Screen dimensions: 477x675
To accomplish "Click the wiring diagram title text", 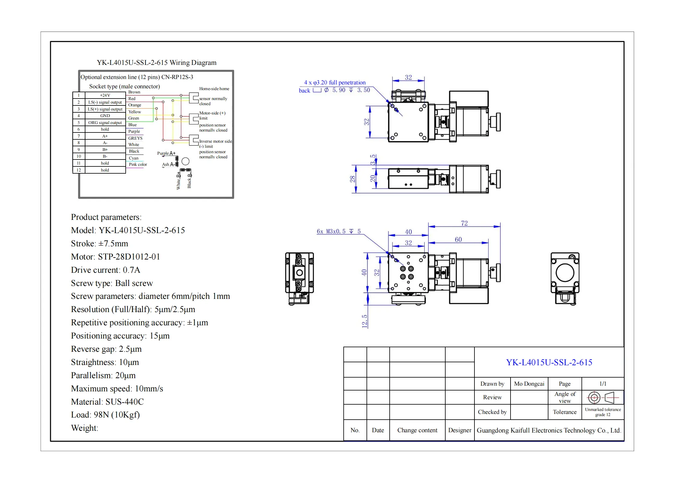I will pos(156,63).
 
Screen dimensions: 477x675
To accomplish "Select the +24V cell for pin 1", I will pos(105,95).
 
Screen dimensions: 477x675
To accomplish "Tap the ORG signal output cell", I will pos(105,123).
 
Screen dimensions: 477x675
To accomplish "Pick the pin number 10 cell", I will pos(79,156).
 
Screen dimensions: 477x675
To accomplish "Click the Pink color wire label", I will pos(138,164).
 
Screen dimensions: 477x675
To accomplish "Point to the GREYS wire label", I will pos(135,138).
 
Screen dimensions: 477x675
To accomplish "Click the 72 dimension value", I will pos(464,223).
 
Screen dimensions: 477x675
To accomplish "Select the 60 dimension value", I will pos(458,239).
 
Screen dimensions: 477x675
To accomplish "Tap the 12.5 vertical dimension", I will pos(364,321).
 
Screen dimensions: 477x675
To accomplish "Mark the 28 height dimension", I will pos(352,179).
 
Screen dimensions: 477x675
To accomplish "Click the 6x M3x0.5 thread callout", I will pos(339,231).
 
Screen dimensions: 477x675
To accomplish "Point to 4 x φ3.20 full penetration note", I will pos(335,83).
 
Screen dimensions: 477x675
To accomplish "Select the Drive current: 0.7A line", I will pos(106,270).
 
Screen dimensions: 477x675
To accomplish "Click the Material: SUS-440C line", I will pos(107,402).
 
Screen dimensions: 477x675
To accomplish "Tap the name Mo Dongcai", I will pos(529,384).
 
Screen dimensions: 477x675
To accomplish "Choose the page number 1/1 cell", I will pos(603,384).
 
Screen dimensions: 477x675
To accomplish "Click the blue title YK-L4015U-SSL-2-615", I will pos(549,362).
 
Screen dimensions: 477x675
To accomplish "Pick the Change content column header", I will pos(417,430).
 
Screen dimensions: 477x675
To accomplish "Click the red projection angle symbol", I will pos(603,398).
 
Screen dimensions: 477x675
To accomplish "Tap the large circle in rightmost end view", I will pos(565,272).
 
